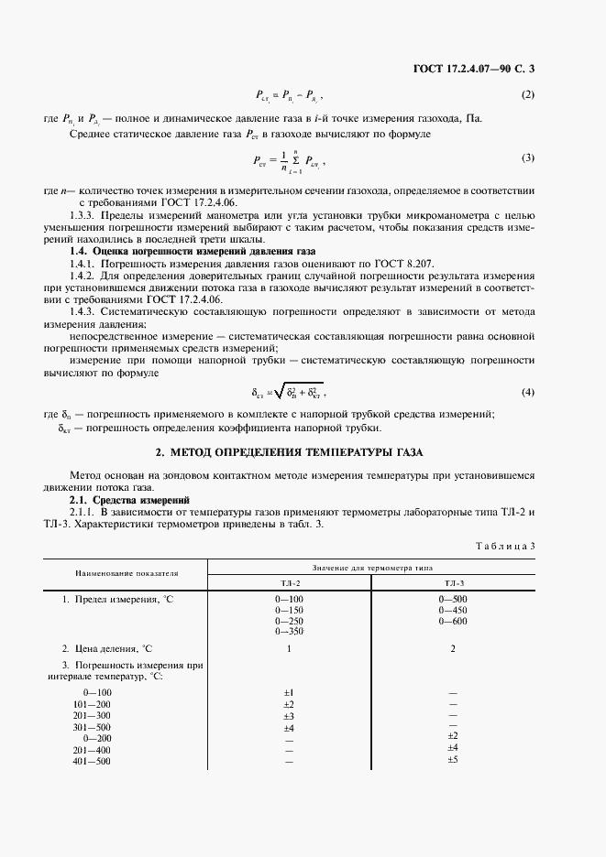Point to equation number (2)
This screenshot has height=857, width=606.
pos(527,94)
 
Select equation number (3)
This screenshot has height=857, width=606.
pos(527,158)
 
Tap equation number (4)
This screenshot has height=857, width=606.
pos(527,393)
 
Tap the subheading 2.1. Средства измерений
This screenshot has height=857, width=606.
pos(129,500)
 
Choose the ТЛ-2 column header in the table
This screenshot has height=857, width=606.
pos(290,582)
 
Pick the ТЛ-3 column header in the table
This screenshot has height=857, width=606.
pos(454,582)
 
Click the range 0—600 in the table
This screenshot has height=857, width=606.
pos(453,621)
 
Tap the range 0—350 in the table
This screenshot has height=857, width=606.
pos(290,632)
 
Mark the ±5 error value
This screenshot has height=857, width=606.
pos(452,760)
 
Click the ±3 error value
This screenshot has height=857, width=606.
pos(289,715)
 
